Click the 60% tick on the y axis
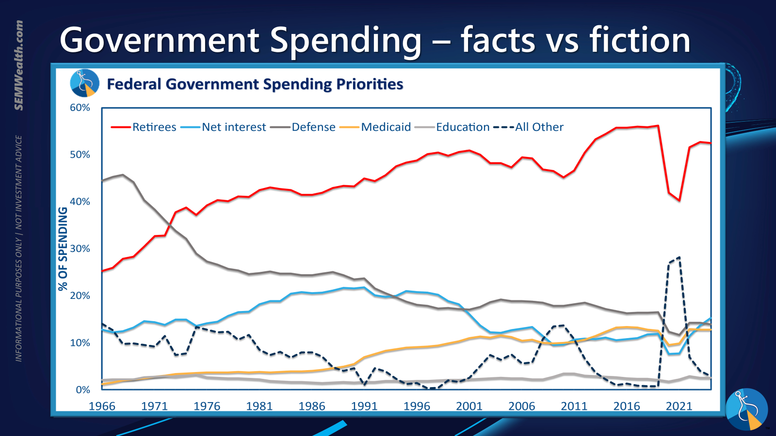[80, 108]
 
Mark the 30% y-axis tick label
[80, 249]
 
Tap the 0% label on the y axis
[83, 390]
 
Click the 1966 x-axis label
[102, 406]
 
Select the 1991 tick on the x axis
[364, 406]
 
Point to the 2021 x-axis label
[679, 406]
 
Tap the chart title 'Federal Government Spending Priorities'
[255, 84]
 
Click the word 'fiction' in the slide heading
[640, 40]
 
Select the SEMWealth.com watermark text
[19, 65]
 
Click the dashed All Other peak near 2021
[679, 257]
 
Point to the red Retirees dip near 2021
[679, 200]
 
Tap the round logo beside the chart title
[85, 83]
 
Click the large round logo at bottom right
[747, 409]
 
